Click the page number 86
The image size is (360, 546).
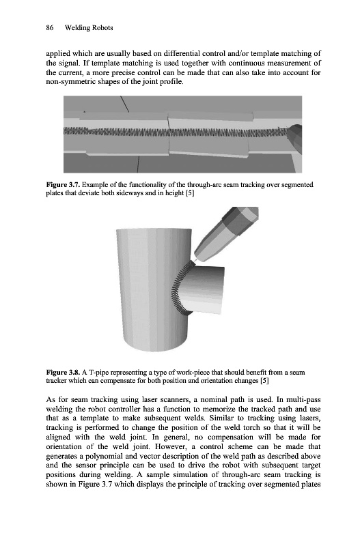tap(50, 28)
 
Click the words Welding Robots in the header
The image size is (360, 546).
tap(89, 28)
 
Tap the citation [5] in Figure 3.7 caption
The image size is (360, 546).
tap(189, 193)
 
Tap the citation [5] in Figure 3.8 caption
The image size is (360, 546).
tap(265, 381)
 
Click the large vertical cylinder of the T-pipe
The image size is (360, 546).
tap(153, 289)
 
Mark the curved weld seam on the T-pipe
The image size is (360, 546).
tap(178, 288)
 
